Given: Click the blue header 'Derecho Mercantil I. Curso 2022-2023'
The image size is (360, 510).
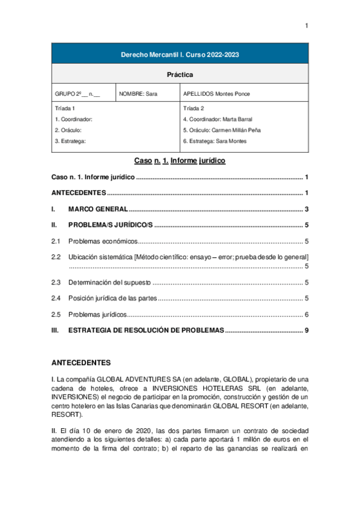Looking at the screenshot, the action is click(180, 54).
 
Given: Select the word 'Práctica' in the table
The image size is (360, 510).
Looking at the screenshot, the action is click(180, 75).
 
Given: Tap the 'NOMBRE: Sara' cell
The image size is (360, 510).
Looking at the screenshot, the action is click(138, 94).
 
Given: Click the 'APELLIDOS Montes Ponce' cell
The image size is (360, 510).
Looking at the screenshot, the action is click(217, 94).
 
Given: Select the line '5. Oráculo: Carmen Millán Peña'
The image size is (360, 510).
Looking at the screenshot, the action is click(222, 130).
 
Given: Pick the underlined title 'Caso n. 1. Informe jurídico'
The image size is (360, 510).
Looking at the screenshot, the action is click(180, 161).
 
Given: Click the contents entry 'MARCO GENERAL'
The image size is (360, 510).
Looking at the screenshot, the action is click(98, 209).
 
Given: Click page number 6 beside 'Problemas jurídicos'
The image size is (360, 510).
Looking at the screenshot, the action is click(307, 315).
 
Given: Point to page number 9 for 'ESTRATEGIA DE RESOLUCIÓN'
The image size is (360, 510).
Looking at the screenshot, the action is click(307, 330).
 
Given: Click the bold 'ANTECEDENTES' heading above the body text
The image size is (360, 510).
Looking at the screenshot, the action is click(81, 363).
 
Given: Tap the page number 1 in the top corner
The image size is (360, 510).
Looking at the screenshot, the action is click(307, 25).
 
